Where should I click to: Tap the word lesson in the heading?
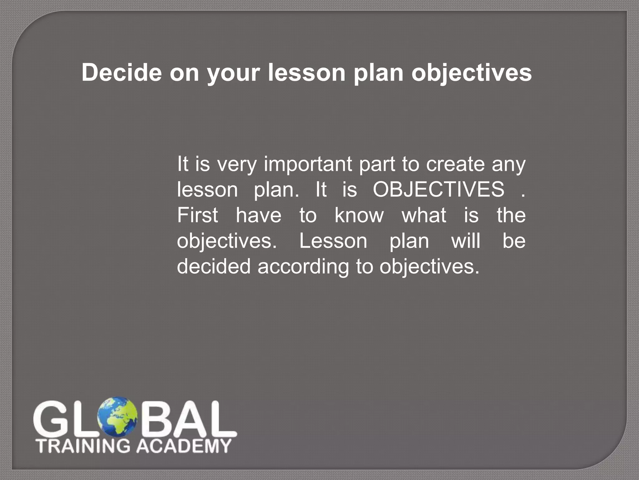click(307, 72)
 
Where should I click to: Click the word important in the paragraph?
click(308, 164)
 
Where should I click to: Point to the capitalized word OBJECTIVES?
click(438, 189)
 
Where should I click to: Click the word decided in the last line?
click(214, 266)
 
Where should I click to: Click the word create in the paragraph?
click(456, 164)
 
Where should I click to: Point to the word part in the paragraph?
click(377, 165)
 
